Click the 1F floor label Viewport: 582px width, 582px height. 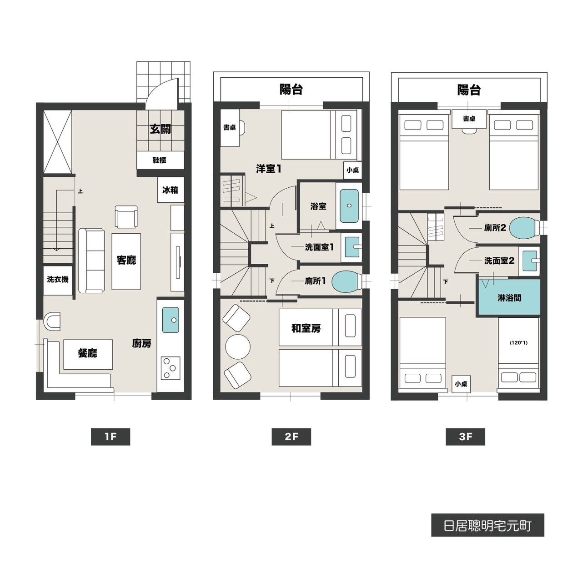[x=110, y=436]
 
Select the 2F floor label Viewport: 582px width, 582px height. [x=291, y=436]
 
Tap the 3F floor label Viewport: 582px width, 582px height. [x=466, y=436]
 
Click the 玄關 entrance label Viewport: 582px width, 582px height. [x=161, y=129]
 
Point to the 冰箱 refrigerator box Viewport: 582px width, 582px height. [x=171, y=190]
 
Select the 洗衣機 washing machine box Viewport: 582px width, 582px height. [x=58, y=280]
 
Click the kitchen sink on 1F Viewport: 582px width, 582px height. [x=171, y=320]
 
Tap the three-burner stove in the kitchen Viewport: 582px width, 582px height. [x=171, y=368]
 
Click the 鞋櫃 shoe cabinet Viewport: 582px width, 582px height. [x=160, y=160]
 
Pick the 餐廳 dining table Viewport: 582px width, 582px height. [x=88, y=354]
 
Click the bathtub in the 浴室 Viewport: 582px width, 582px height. [x=349, y=206]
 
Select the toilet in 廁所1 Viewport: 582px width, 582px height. [x=347, y=281]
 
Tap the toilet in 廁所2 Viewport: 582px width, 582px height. [x=524, y=227]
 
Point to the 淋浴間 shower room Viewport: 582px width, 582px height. [x=509, y=298]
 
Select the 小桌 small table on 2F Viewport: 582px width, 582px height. [x=352, y=170]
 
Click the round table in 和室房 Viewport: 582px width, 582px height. [x=238, y=347]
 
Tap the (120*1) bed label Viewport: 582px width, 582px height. [x=519, y=343]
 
